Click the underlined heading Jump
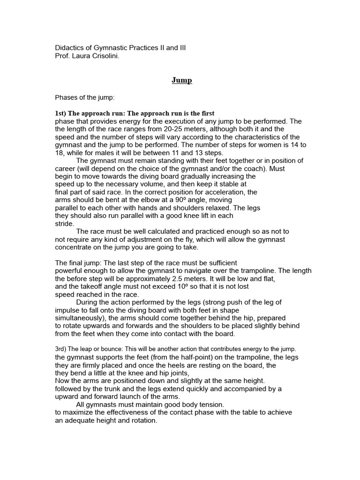tap(181, 80)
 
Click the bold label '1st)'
tap(62, 113)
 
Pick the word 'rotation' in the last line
tap(142, 421)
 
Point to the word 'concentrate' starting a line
tap(74, 247)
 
